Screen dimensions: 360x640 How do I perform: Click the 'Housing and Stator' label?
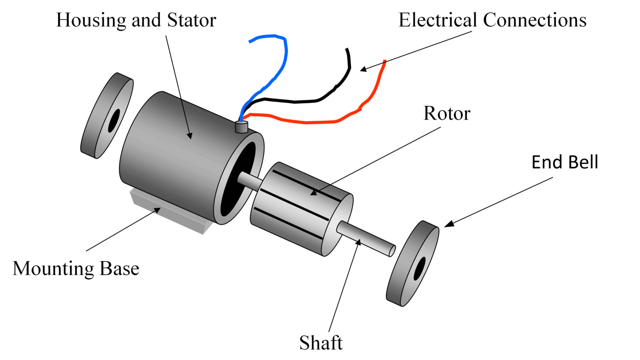[x=136, y=20]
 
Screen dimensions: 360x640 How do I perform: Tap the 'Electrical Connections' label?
[x=492, y=20]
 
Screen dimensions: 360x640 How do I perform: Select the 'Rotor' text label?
[x=447, y=114]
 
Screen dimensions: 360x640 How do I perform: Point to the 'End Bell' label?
[x=565, y=162]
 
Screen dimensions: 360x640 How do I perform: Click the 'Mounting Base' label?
[x=76, y=268]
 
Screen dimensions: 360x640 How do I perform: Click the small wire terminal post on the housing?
[x=242, y=127]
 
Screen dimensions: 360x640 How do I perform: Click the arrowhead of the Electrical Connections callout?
[x=363, y=70]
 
